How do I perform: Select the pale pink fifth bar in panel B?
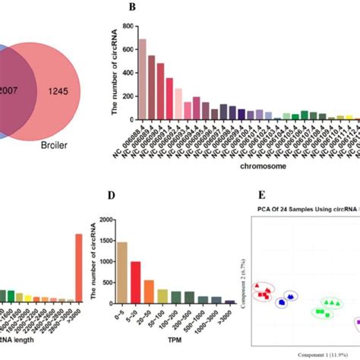coord(178,104)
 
